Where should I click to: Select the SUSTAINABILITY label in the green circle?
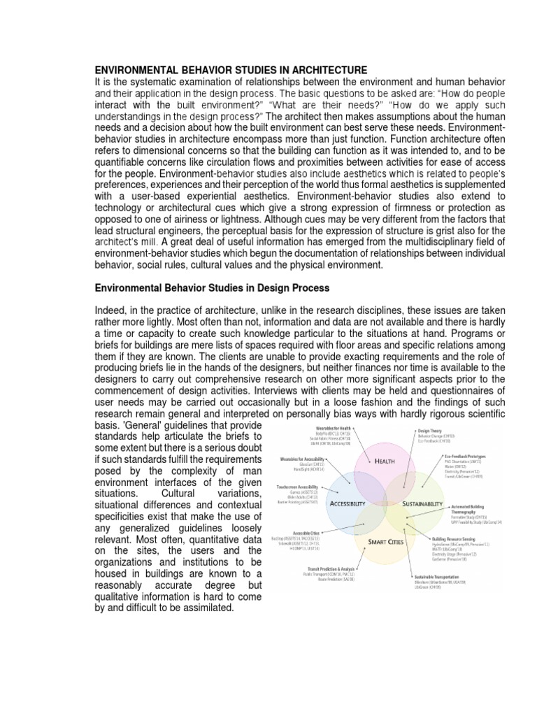[x=422, y=503]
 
